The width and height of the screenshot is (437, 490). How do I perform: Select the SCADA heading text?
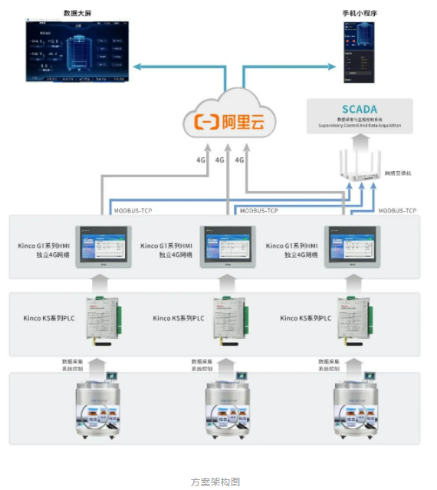(x=360, y=110)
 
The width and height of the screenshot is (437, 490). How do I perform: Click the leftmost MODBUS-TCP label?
(x=133, y=209)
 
